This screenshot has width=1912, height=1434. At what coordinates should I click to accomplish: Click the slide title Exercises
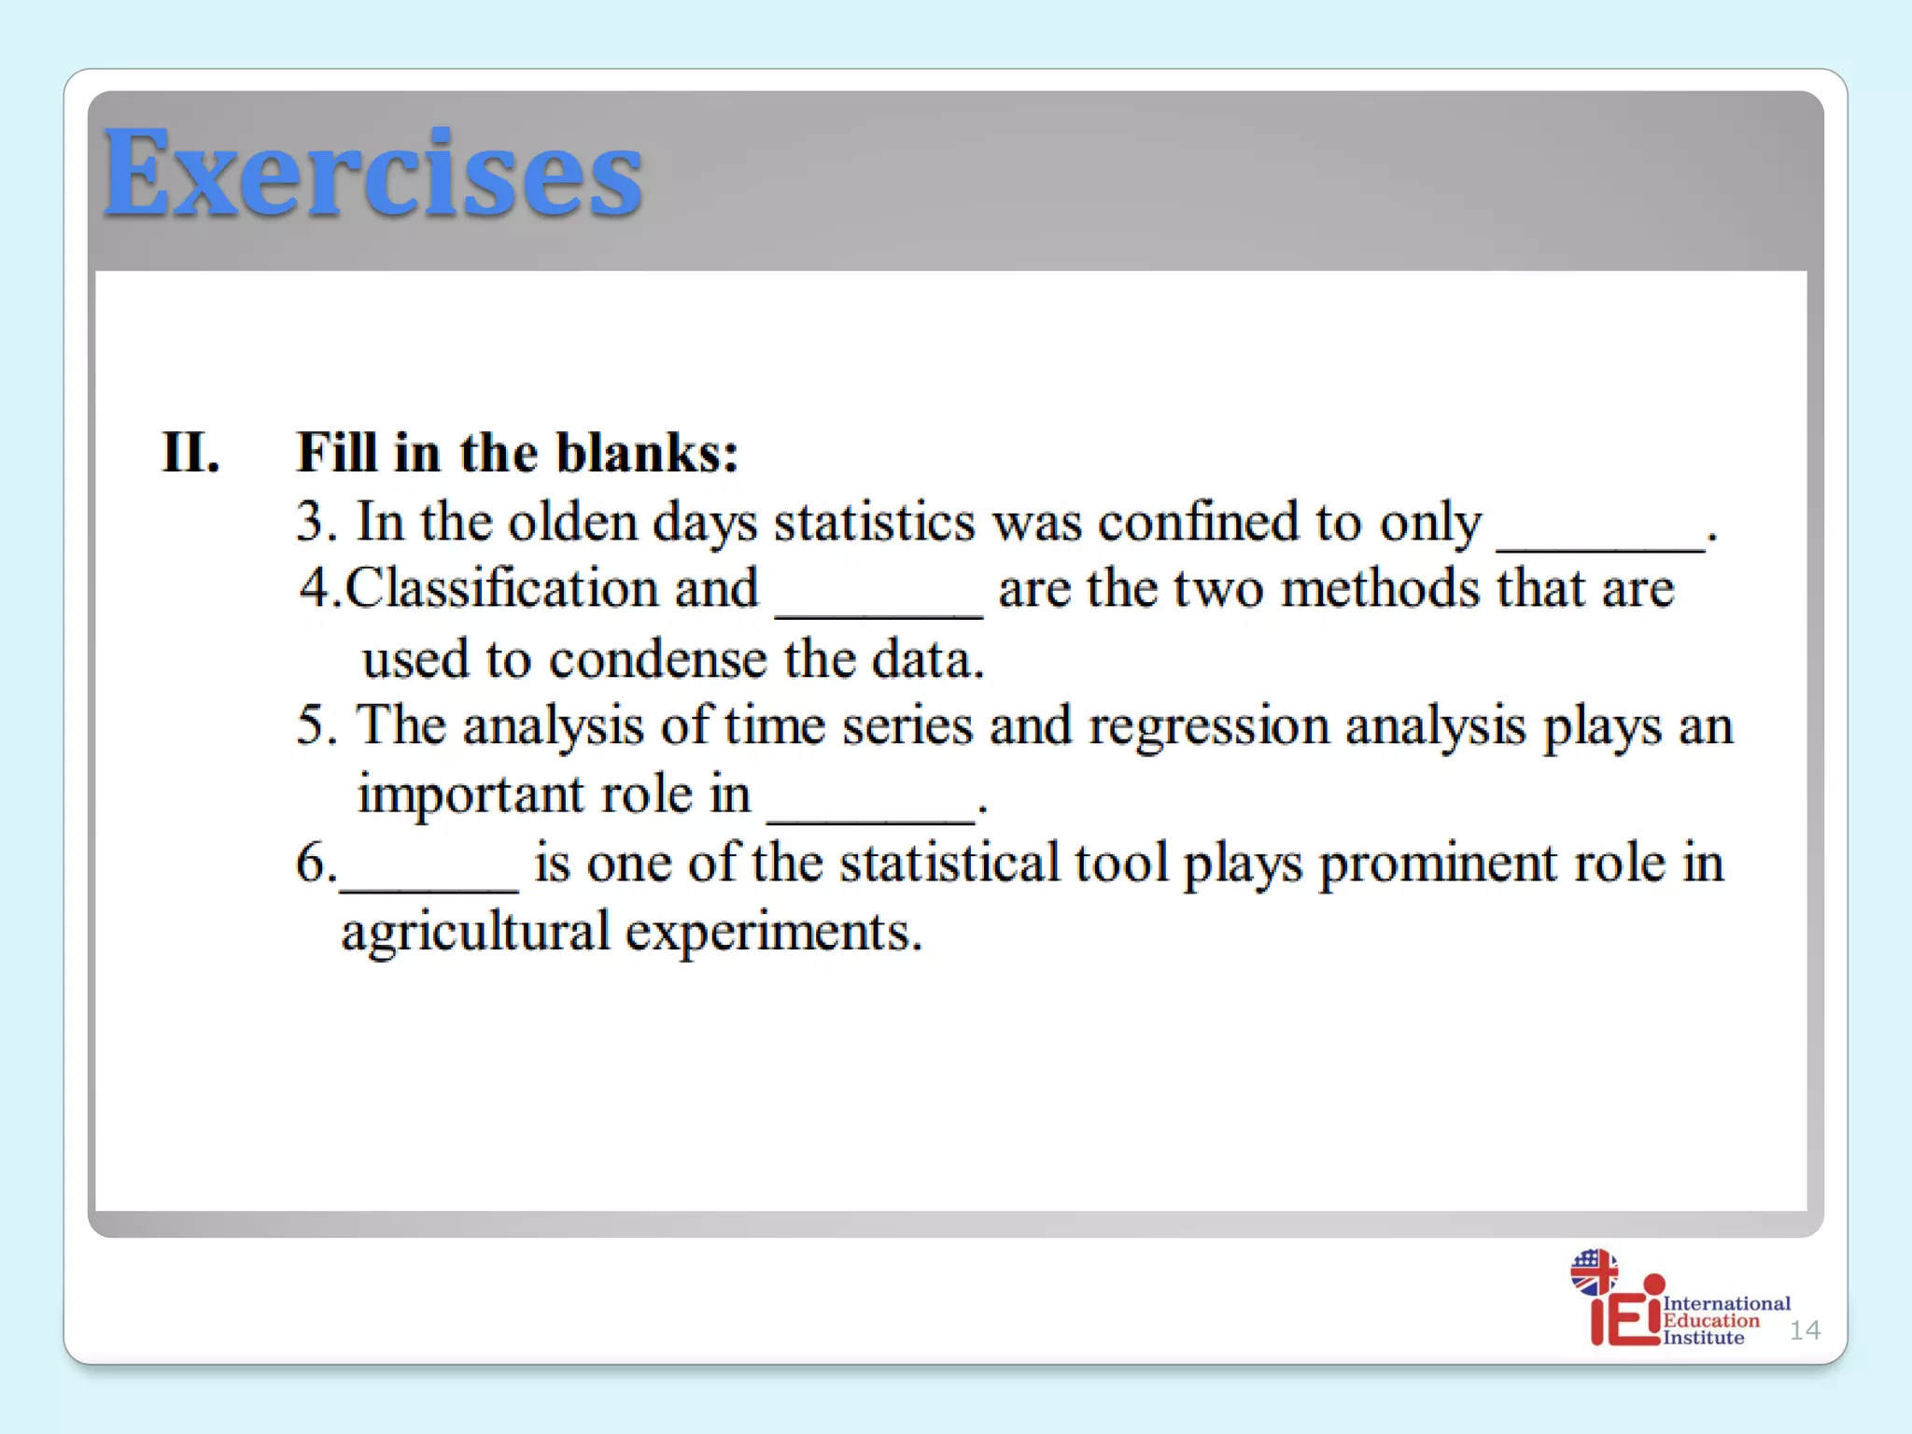[x=373, y=175]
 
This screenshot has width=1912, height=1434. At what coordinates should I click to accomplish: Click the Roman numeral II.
[x=190, y=454]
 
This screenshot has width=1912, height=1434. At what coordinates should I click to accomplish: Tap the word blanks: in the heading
[x=647, y=454]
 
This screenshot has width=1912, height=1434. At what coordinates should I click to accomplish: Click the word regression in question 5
[x=1209, y=727]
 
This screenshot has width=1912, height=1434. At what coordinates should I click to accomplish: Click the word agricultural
[x=475, y=933]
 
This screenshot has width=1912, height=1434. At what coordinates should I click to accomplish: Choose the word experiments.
[x=773, y=933]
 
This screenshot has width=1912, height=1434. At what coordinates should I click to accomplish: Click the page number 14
[x=1804, y=1330]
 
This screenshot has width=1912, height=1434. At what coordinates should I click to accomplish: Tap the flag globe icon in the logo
[x=1594, y=1272]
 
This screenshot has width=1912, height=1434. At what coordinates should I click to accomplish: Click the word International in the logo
[x=1726, y=1303]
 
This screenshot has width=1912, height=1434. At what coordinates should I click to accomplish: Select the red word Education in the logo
[x=1710, y=1320]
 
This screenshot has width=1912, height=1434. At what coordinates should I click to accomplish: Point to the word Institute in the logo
[x=1703, y=1338]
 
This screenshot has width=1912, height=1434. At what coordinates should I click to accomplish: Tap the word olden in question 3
[x=572, y=522]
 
